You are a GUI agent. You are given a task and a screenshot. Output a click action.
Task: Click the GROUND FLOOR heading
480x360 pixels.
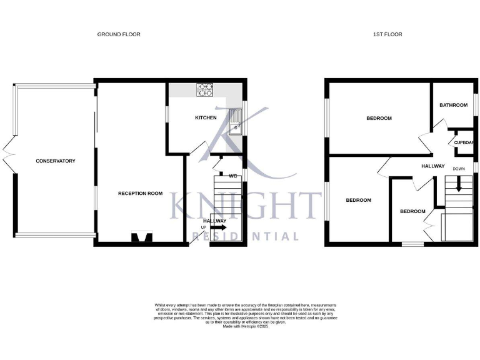click(119, 34)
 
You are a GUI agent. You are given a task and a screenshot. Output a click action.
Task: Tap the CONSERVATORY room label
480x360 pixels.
click(55, 161)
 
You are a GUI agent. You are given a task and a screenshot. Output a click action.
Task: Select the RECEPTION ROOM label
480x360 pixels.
click(140, 194)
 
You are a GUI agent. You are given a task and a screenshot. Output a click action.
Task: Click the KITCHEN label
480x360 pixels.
click(206, 117)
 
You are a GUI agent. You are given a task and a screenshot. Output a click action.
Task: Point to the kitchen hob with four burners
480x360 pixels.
click(205, 91)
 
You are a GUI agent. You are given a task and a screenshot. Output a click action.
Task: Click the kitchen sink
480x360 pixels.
click(236, 121)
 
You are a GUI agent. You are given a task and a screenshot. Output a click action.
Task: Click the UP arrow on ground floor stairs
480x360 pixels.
click(219, 228)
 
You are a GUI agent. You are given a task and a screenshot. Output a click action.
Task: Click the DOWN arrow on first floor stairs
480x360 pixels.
click(459, 184)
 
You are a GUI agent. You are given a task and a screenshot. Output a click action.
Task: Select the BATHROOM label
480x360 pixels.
click(453, 105)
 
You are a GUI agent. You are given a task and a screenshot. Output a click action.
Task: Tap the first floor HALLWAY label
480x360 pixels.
click(432, 166)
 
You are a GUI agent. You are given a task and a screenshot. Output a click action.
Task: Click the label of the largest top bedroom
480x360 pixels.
click(379, 118)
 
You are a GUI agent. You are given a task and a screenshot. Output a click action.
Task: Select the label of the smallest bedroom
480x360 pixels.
click(412, 211)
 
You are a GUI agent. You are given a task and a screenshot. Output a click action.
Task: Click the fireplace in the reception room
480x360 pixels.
click(141, 237)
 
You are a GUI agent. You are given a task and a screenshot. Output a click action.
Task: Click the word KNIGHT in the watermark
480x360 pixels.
click(244, 206)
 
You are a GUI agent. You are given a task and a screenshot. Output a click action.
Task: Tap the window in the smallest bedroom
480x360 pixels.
click(412, 244)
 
